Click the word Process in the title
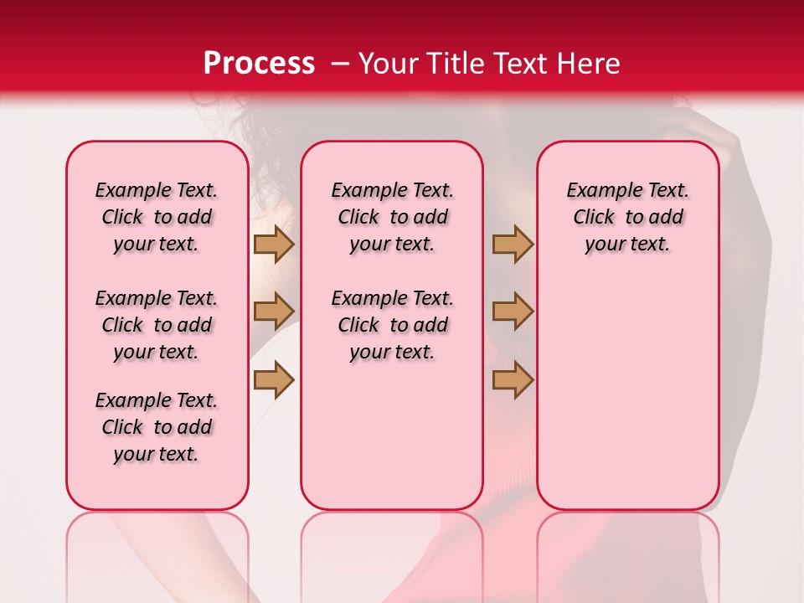click(259, 64)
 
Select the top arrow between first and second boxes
click(274, 245)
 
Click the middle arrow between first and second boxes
click(274, 312)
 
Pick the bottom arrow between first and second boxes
click(274, 380)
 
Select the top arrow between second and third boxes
click(513, 245)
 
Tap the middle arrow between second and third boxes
click(513, 312)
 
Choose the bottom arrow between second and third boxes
click(513, 380)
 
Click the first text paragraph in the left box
click(157, 217)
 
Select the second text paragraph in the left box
click(157, 325)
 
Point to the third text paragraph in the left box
click(157, 427)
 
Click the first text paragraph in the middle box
click(392, 217)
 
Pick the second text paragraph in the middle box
click(392, 325)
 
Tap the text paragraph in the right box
click(627, 217)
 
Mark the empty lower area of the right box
click(627, 394)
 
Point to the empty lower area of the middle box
click(392, 435)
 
